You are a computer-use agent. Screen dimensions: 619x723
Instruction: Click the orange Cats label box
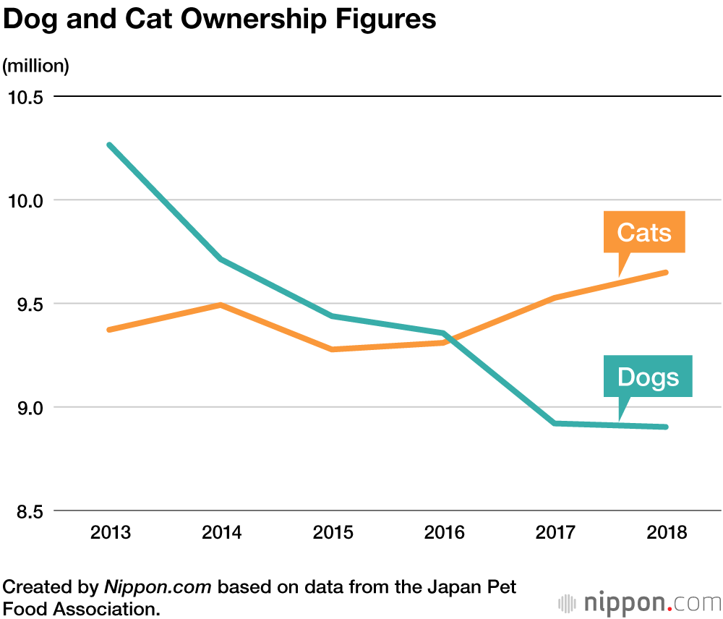[x=644, y=232]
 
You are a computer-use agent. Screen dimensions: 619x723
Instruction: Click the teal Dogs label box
[x=648, y=376]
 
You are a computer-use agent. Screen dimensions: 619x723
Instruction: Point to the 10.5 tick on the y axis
[x=25, y=97]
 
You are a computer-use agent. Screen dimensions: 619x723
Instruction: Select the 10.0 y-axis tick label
[x=25, y=200]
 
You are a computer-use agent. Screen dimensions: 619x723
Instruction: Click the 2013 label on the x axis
[x=111, y=534]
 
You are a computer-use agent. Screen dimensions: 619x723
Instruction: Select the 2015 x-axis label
[x=333, y=534]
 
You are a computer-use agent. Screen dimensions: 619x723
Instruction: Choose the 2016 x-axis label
[x=444, y=534]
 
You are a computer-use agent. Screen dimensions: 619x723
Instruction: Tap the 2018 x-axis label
[x=666, y=534]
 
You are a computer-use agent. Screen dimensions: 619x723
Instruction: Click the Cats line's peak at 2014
[x=221, y=305]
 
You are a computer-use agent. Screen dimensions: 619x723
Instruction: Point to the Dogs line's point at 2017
[x=555, y=423]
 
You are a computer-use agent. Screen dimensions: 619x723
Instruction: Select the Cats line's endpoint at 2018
[x=666, y=273]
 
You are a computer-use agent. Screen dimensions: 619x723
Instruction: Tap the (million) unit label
[x=35, y=66]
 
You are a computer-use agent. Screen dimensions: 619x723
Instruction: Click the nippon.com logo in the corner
[x=640, y=602]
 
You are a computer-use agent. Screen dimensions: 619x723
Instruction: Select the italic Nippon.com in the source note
[x=158, y=586]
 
